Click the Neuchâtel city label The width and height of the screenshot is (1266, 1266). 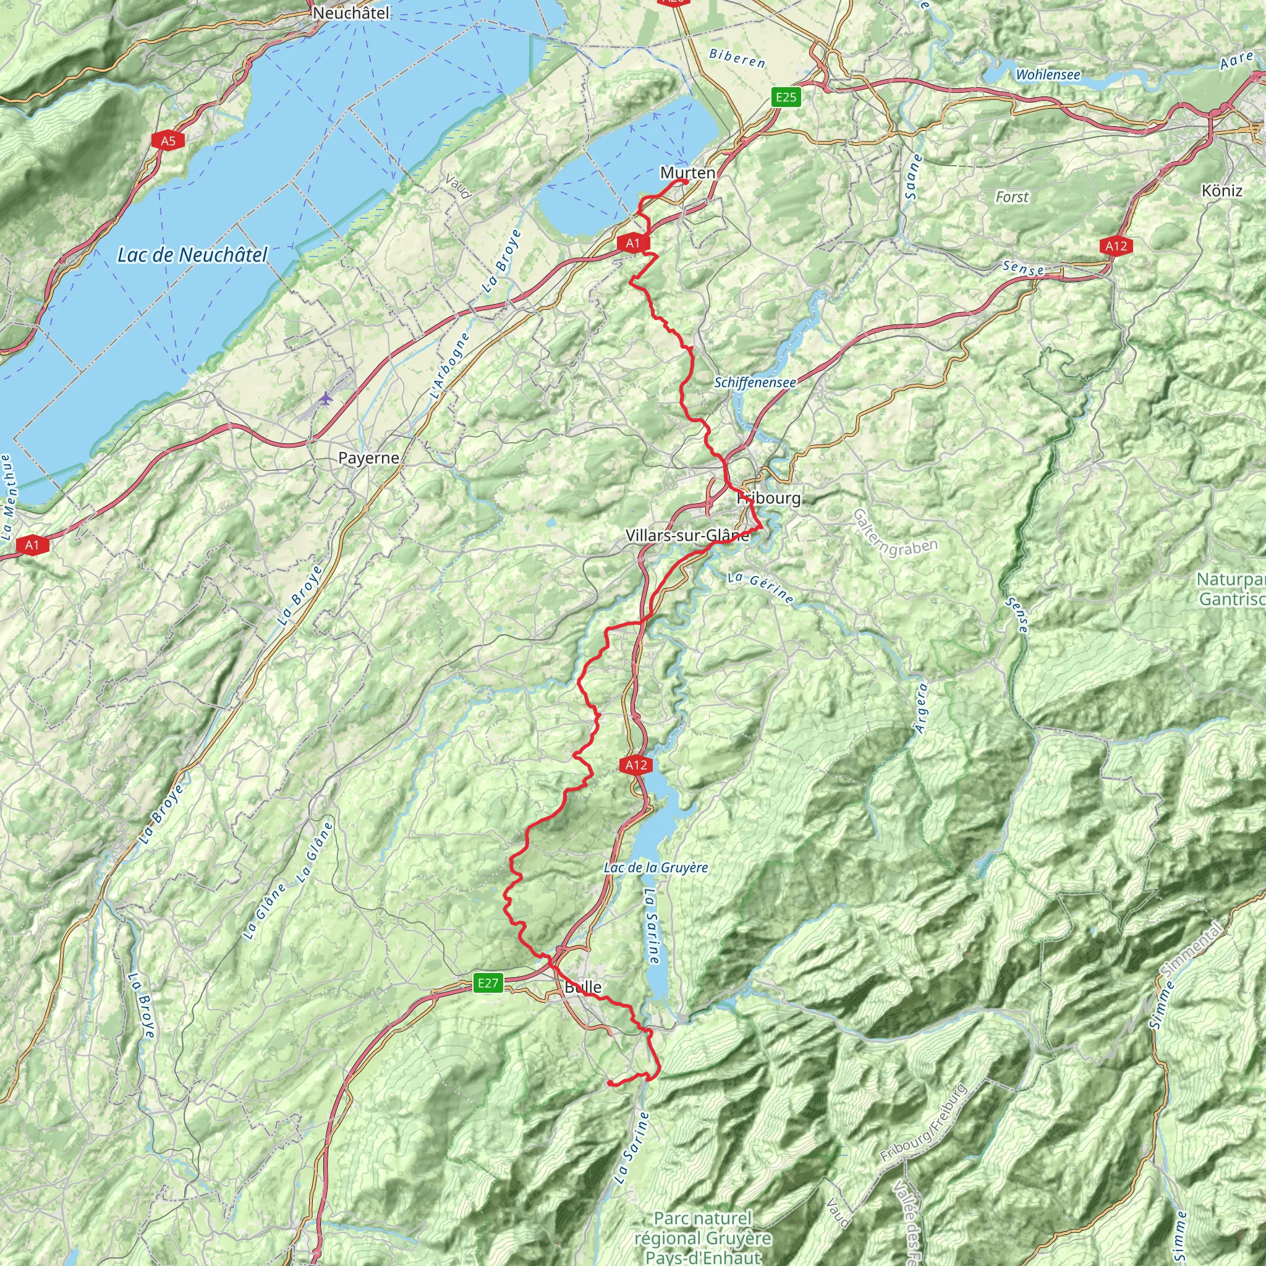tap(351, 13)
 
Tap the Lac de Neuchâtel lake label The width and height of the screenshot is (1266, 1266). tap(192, 255)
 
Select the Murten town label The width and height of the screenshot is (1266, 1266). tap(687, 173)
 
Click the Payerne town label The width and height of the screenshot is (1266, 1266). tap(368, 458)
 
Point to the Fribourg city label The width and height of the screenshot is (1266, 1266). tap(769, 498)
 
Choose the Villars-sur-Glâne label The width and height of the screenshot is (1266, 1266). tap(687, 535)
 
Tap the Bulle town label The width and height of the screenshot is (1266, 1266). tap(582, 987)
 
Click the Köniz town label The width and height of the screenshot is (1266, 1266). tap(1222, 190)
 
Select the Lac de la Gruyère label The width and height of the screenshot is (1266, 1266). tap(656, 867)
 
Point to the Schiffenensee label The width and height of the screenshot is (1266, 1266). tap(755, 383)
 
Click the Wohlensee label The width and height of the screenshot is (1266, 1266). tap(1048, 75)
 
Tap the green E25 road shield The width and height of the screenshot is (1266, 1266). tap(786, 98)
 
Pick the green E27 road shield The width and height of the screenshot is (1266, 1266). tap(488, 982)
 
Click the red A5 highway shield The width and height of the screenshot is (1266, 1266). tap(168, 140)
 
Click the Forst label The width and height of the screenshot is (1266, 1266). tap(1012, 197)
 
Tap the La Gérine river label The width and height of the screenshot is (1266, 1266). tap(761, 587)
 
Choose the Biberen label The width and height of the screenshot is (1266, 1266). tap(737, 58)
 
